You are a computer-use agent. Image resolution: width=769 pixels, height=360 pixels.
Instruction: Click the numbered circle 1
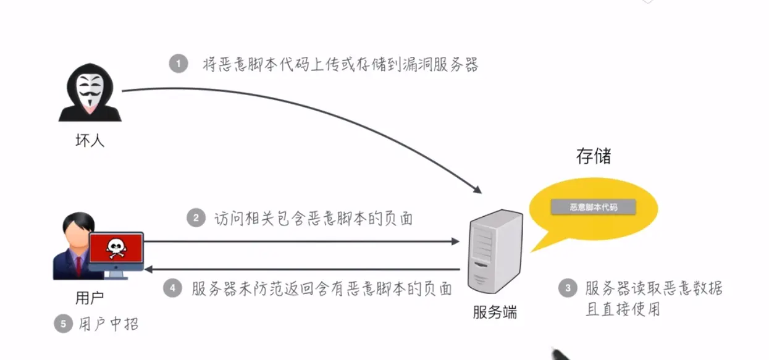[179, 64]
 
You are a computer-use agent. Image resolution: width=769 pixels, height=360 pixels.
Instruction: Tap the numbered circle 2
[196, 218]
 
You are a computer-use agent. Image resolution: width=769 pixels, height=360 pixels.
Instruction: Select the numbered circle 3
[566, 288]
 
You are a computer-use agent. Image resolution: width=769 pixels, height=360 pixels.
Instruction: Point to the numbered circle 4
[173, 288]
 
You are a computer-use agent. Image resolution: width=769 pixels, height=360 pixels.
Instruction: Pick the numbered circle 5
[62, 324]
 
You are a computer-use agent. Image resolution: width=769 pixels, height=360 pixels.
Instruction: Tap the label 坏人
[90, 141]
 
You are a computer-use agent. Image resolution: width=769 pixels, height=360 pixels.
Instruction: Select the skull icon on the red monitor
[116, 249]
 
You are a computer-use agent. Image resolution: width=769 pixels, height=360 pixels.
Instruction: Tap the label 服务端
[495, 312]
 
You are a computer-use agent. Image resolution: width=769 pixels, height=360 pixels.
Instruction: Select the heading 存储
[593, 156]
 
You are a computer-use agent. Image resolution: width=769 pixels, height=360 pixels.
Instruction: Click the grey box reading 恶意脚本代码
[593, 207]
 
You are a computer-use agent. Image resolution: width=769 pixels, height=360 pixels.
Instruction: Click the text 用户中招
[109, 324]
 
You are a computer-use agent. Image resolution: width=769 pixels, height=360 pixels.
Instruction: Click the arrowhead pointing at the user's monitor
[149, 269]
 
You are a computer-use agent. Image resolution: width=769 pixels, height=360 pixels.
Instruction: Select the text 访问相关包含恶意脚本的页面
[313, 219]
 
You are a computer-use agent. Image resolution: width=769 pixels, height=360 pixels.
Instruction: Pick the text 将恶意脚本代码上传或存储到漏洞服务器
[340, 64]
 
